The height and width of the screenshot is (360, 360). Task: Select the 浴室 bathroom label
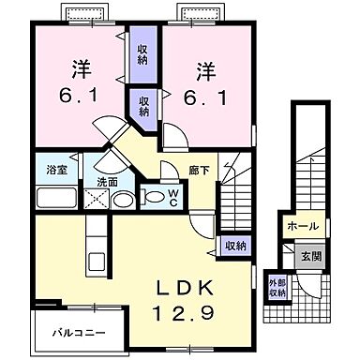(x=55, y=171)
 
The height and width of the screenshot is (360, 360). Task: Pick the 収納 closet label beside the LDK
(x=234, y=246)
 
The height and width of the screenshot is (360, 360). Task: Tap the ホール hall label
(x=303, y=226)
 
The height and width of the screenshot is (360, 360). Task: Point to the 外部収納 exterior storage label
(x=278, y=287)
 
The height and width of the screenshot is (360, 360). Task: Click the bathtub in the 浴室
(x=57, y=198)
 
